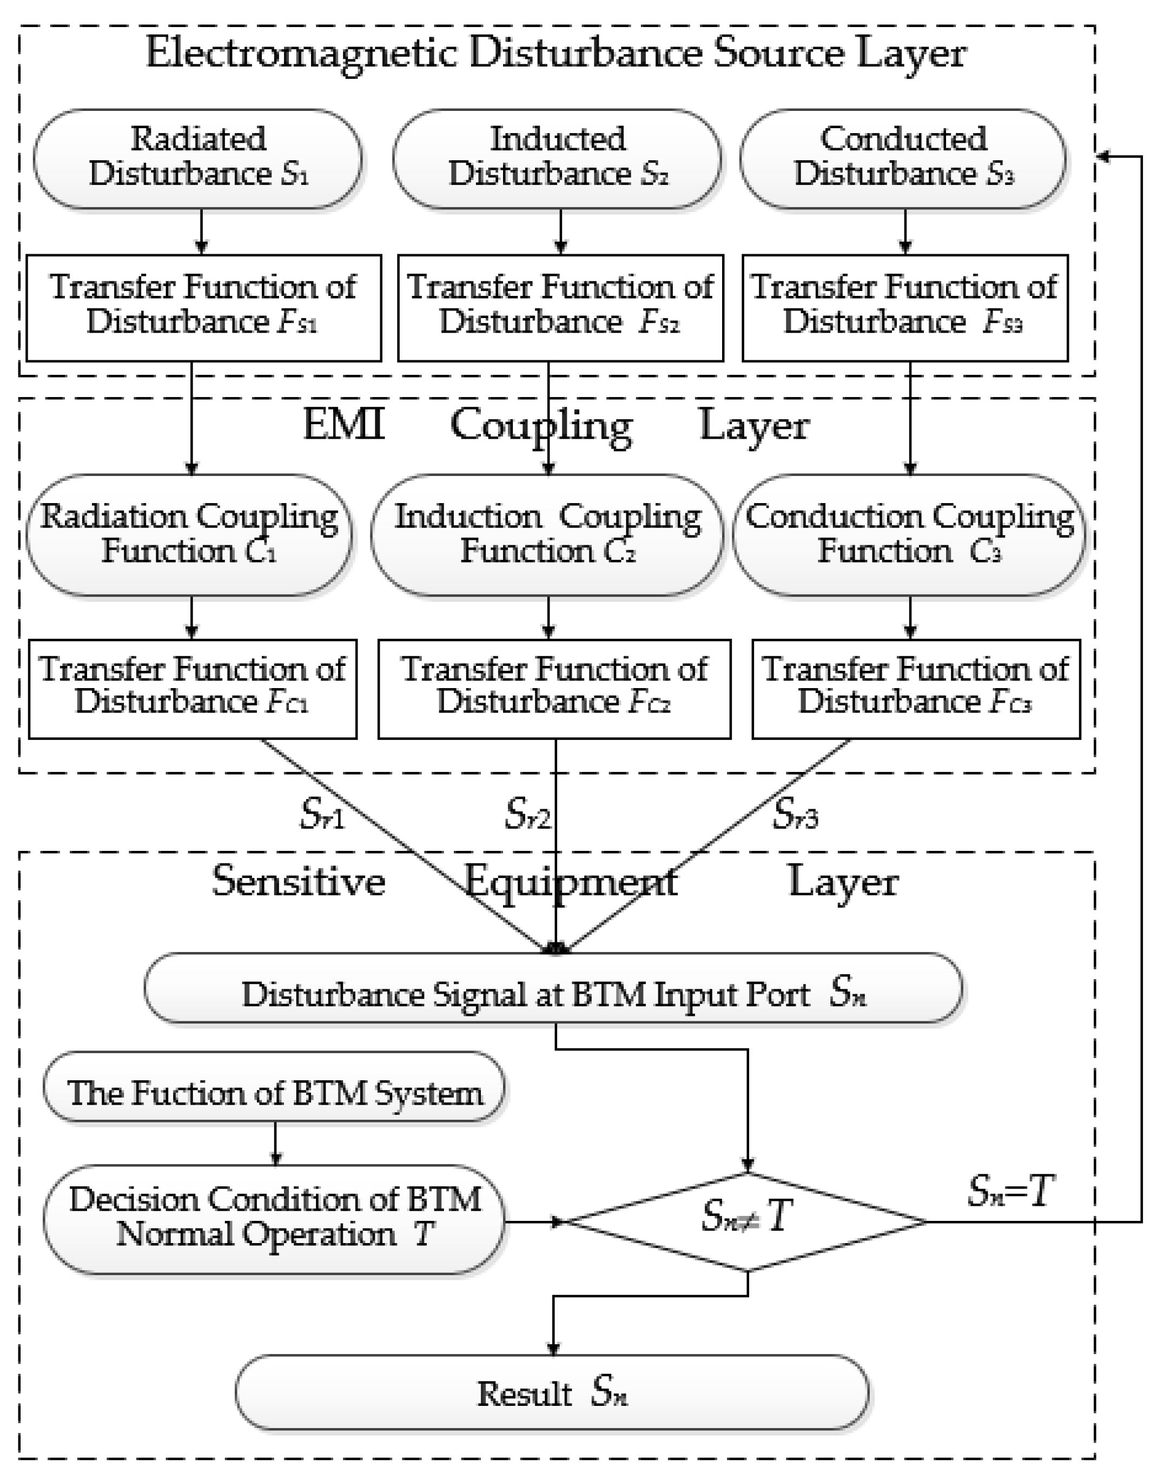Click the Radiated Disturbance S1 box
point(197,158)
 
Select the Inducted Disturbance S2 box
point(557,158)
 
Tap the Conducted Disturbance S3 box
point(903,158)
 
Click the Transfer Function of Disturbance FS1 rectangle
point(203,307)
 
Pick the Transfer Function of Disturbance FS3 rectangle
point(904,307)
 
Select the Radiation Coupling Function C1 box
point(189,535)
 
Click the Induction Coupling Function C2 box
point(547,535)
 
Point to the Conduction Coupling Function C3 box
point(909,535)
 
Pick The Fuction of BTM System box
point(274,1093)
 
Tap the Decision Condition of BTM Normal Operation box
point(274,1219)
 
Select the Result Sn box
point(552,1393)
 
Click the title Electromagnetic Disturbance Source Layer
point(555,53)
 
